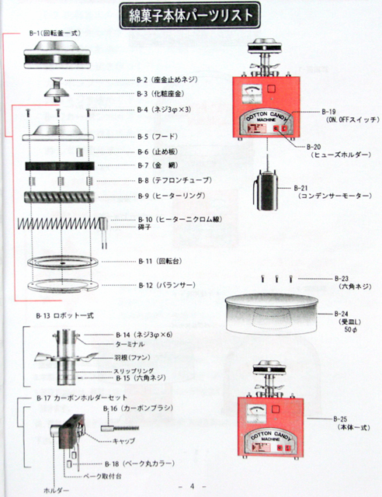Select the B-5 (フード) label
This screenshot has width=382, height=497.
161,136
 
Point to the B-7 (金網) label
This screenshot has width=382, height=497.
161,165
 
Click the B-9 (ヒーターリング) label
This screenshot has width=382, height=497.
172,195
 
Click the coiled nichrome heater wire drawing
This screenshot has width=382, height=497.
58,224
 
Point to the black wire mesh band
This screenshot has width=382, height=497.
59,166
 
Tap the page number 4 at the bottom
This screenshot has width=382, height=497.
191,487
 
